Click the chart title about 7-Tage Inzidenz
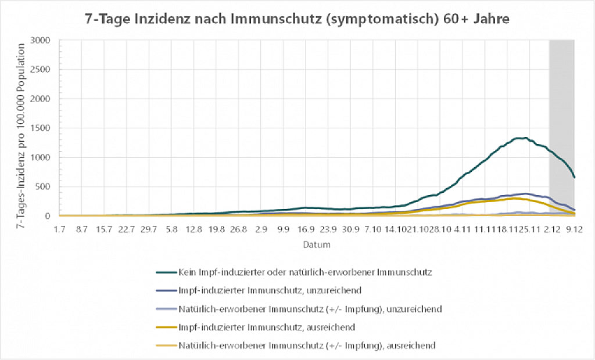[x=297, y=19]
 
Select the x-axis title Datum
[x=317, y=244]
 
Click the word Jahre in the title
[x=491, y=19]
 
